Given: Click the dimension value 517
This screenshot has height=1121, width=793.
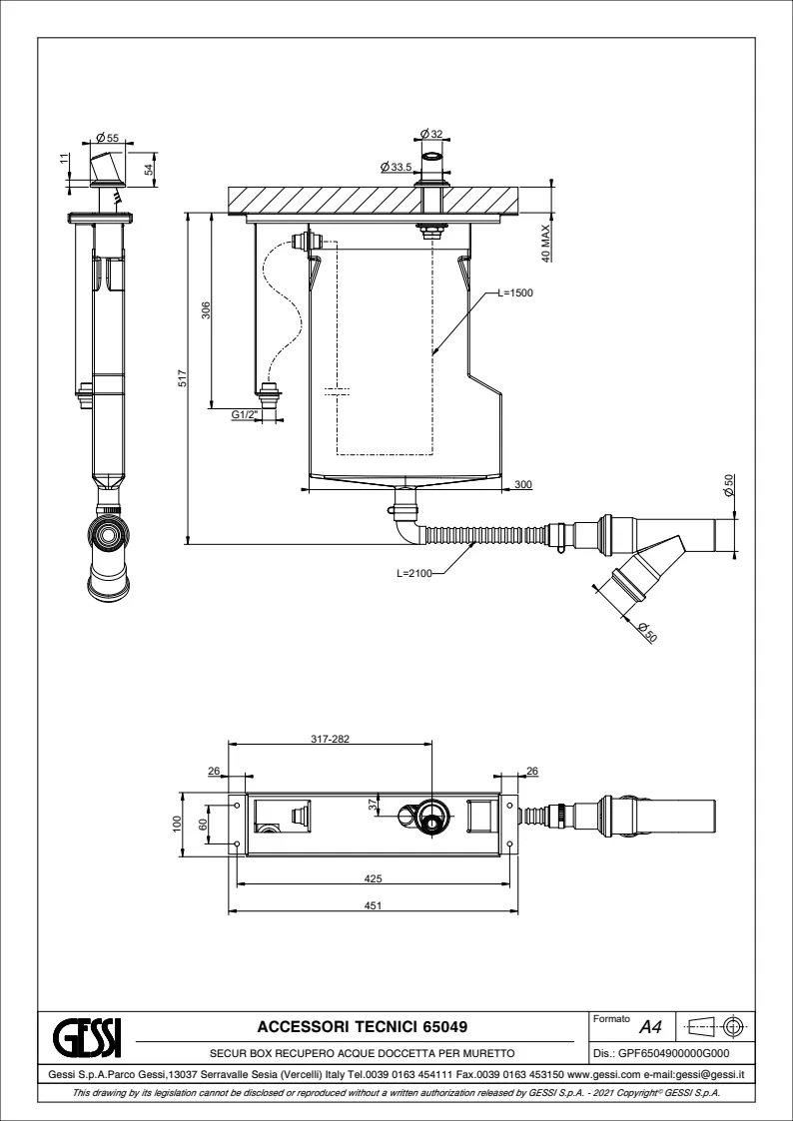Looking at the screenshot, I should tap(182, 379).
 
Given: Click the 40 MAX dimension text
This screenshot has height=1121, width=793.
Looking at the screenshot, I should tap(545, 242).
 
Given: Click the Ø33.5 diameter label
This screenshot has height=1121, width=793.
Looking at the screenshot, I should tap(397, 167).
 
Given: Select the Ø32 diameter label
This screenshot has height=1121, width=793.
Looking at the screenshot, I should tap(431, 133).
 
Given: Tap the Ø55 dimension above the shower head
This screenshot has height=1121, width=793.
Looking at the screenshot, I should tap(108, 137).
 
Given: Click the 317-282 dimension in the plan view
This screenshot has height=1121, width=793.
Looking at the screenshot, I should tap(330, 740).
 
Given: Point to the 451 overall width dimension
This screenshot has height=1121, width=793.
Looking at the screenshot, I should tap(375, 905).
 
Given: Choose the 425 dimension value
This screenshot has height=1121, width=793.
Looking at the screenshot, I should tap(375, 878).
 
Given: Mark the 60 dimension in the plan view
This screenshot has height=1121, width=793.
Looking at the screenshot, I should tap(203, 824).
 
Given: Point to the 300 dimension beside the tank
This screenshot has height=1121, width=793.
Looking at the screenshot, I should tap(522, 484).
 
